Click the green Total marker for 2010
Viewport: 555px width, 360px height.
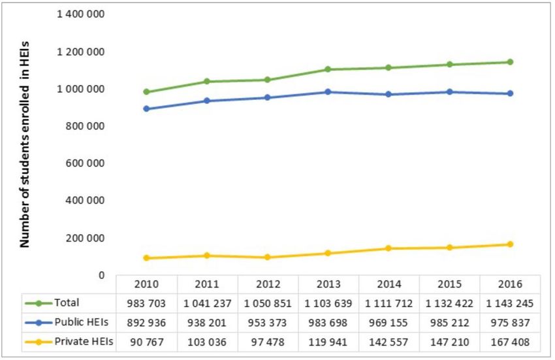coord(147,92)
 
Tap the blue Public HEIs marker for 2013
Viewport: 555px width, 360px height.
coord(328,92)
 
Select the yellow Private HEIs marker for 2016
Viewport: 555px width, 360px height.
coord(509,244)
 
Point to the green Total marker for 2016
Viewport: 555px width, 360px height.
coord(509,62)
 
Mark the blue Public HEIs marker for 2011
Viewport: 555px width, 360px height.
coord(207,101)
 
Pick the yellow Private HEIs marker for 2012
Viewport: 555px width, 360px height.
coord(268,257)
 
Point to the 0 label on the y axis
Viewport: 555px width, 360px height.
coord(102,275)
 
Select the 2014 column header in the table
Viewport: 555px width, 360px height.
coord(388,285)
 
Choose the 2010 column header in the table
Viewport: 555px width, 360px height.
coord(146,285)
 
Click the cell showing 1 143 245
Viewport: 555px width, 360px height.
coord(509,303)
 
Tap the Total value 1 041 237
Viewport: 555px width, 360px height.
coord(207,303)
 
